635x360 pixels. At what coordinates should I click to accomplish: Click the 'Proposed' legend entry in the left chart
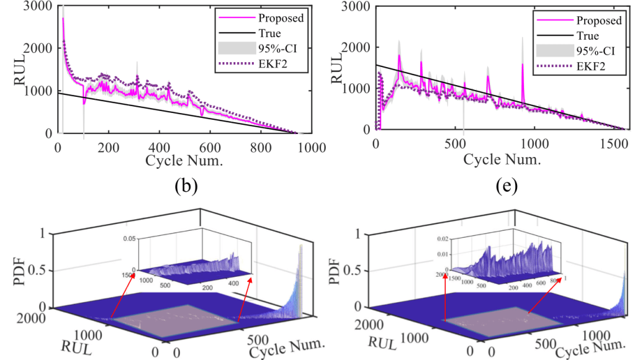pyautogui.click(x=281, y=18)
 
